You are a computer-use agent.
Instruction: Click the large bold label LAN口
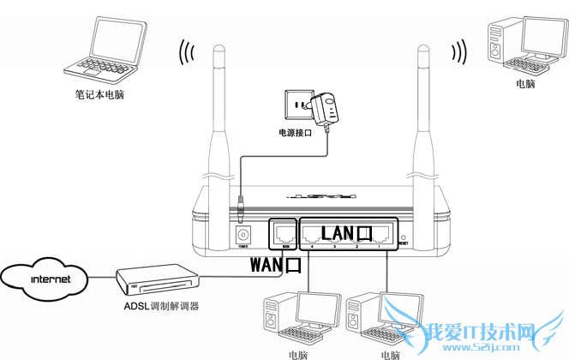(347, 232)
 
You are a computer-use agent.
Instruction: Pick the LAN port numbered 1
(385, 235)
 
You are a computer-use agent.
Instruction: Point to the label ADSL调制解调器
(158, 306)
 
